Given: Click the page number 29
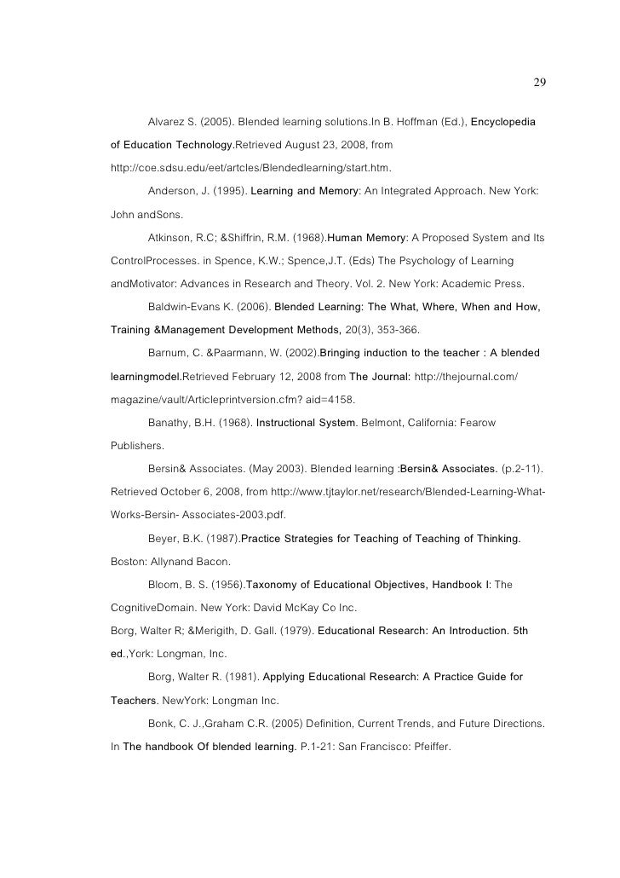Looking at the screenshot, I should (539, 83).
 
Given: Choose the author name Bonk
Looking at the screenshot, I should (163, 723).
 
